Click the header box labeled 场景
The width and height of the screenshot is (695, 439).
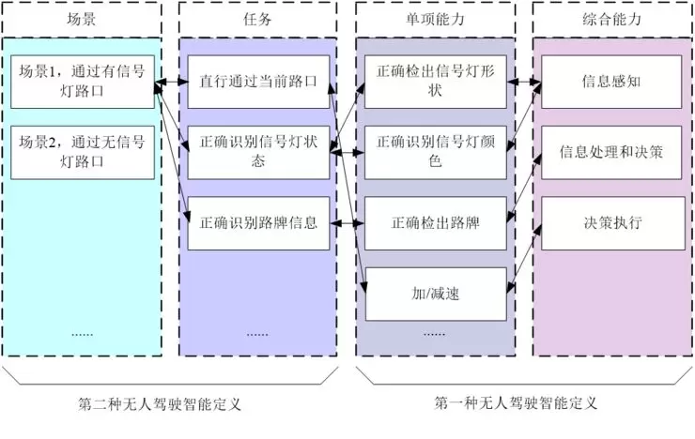(x=82, y=18)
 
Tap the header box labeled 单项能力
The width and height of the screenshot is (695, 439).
(x=436, y=18)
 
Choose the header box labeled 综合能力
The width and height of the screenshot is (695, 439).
(x=611, y=18)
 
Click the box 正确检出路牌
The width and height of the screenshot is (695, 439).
(x=436, y=223)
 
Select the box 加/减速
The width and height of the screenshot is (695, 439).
(x=436, y=294)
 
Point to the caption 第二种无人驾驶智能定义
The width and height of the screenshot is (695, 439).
(x=160, y=405)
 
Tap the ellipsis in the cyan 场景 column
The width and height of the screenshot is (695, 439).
(x=82, y=333)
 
